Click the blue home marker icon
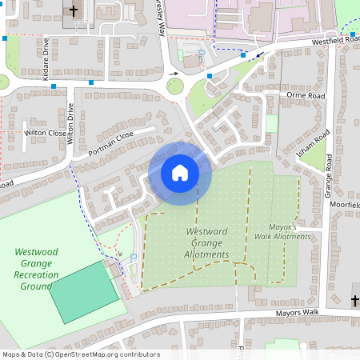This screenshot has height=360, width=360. [x=180, y=173]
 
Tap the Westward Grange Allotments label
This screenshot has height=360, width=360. [x=207, y=243]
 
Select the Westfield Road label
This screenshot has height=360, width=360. [x=330, y=38]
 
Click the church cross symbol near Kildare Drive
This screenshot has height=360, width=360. [x=74, y=11]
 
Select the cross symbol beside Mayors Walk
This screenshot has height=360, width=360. [x=355, y=300]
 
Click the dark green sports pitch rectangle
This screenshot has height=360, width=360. [x=83, y=290]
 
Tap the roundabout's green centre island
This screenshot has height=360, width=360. [x=174, y=85]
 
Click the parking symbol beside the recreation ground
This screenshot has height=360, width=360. [x=133, y=257]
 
